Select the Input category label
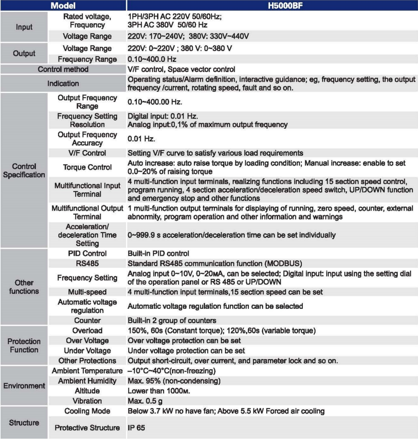(24, 27)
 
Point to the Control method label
(63, 69)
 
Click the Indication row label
(63, 84)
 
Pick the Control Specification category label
(24, 170)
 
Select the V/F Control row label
(87, 153)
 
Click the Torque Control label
(87, 167)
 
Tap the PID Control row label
(87, 253)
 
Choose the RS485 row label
(87, 264)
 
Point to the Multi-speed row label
(87, 292)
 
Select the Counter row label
(87, 320)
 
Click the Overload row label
(87, 331)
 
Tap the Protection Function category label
(24, 345)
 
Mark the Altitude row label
(87, 391)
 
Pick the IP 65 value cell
(136, 428)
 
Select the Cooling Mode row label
(87, 411)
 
